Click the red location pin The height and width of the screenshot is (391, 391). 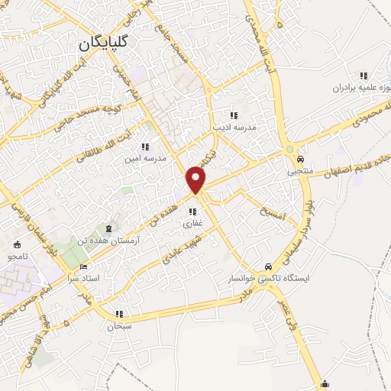196,179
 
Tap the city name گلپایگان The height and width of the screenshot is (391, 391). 102,44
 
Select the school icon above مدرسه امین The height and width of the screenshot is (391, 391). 144,147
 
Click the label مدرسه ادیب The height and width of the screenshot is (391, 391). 238,128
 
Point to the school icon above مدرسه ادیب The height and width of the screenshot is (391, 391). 234,115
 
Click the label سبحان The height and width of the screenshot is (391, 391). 119,326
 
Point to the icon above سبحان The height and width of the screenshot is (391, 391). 119,314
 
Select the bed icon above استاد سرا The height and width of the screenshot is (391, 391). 83,267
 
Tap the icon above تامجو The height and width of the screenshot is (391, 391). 18,244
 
